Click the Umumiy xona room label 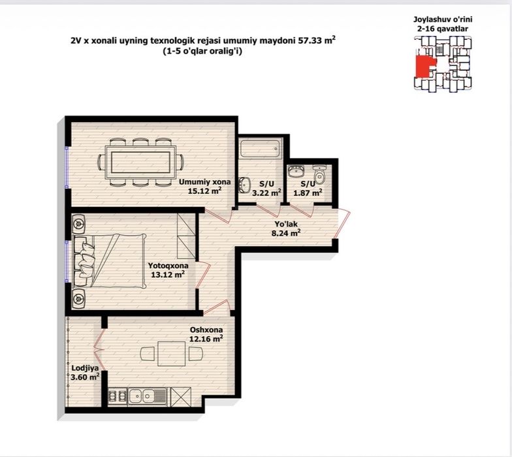tap(204, 181)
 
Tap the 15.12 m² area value tap(205, 191)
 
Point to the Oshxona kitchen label tap(206, 330)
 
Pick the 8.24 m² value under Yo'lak tap(286, 233)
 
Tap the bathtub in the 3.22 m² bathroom tap(260, 148)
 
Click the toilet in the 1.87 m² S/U tap(320, 174)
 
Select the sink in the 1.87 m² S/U tap(296, 171)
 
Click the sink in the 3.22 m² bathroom tap(244, 185)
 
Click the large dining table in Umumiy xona tap(140, 162)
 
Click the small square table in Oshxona tap(171, 354)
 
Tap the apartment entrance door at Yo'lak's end tap(344, 224)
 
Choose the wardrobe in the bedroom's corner tap(186, 236)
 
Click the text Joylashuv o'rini tap(443, 20)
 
